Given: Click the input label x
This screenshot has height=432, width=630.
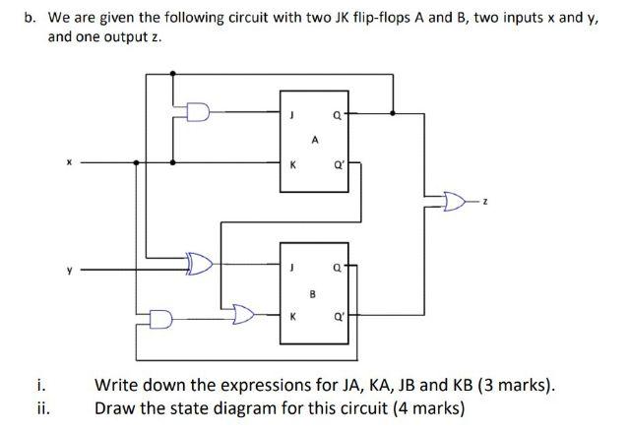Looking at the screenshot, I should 68,162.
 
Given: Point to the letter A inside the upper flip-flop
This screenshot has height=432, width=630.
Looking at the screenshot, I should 313,140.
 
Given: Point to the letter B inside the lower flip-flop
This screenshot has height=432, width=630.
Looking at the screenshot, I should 313,291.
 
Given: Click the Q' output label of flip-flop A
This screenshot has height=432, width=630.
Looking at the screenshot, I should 339,164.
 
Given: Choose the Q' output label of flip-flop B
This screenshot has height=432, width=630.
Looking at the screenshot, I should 339,317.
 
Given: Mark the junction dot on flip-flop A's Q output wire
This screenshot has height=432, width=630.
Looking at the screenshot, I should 395,114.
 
